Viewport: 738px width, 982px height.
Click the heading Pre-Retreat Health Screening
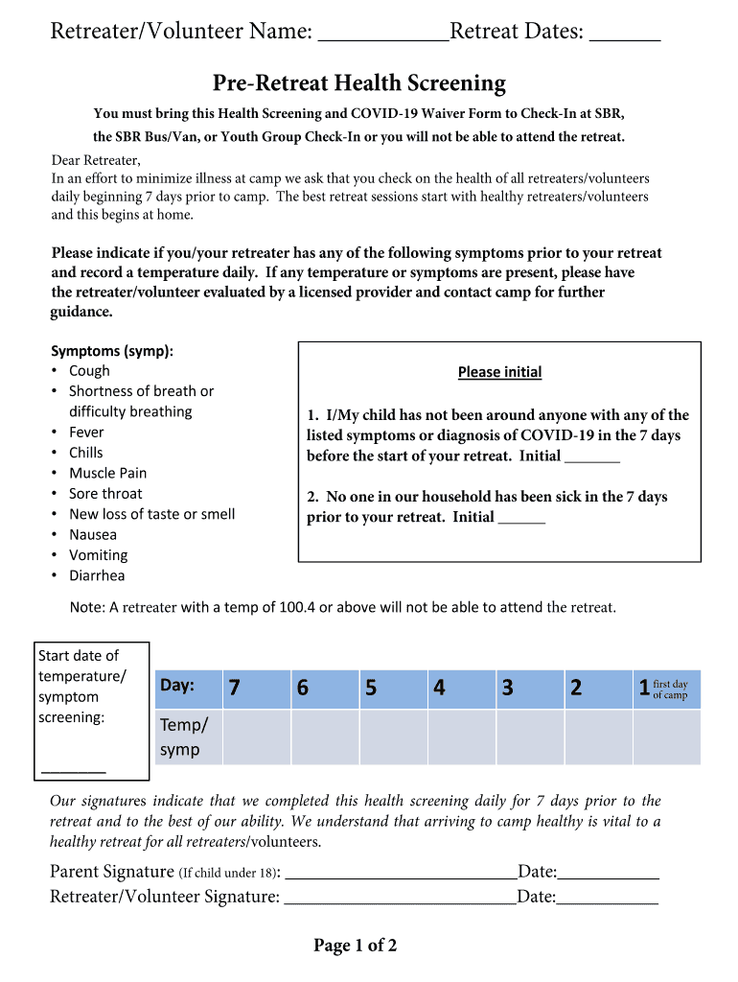tap(359, 83)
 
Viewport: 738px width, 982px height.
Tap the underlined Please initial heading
tap(499, 372)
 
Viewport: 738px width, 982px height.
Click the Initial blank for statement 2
tap(522, 519)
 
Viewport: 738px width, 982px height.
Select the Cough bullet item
tap(89, 371)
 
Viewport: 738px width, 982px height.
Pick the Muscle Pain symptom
tap(107, 473)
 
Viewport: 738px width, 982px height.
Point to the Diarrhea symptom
tap(97, 575)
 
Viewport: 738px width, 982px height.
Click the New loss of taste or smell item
tap(151, 514)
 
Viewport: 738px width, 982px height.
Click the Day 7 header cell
tap(256, 688)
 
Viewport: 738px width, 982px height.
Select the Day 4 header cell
tap(461, 688)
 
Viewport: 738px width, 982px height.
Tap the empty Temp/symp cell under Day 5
tap(393, 736)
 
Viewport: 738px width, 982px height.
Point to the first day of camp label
tap(670, 690)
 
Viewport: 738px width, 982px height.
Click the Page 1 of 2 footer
tap(355, 947)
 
